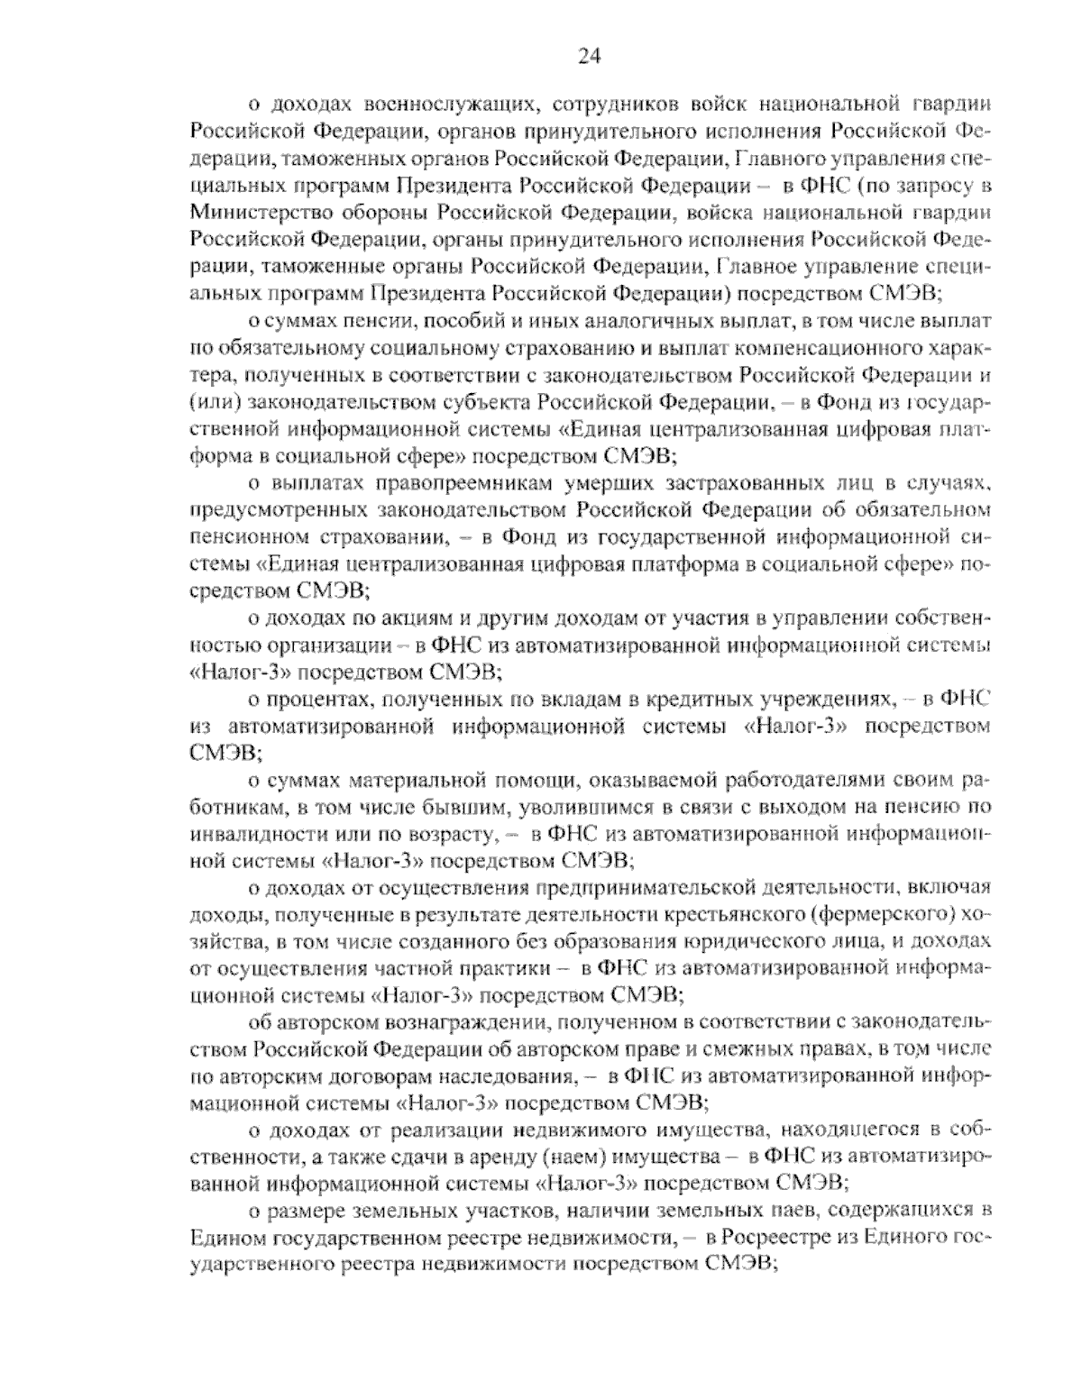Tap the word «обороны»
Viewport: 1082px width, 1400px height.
point(380,213)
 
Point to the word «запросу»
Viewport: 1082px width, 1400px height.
point(941,187)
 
